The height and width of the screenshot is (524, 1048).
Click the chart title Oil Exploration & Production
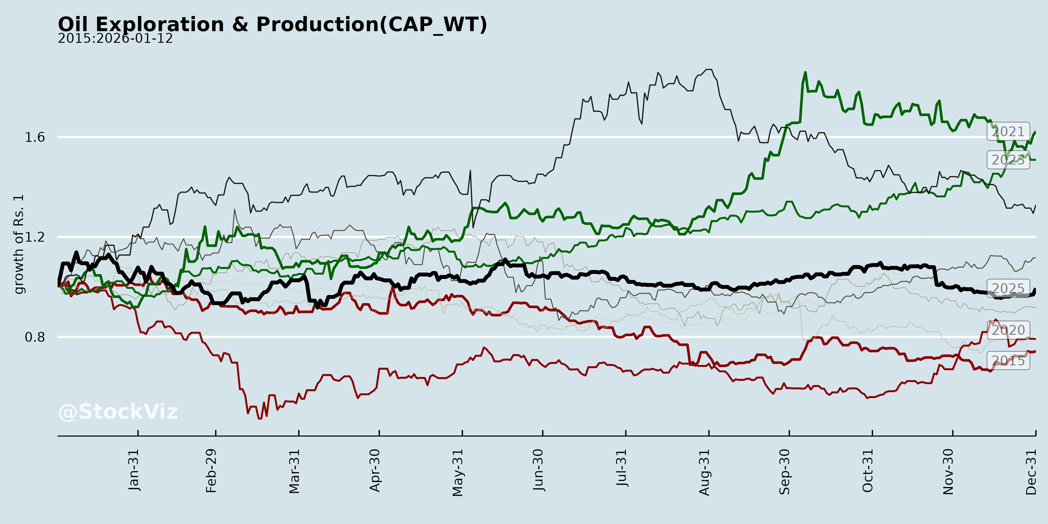(x=272, y=24)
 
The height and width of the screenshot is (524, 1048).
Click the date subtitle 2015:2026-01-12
(x=115, y=39)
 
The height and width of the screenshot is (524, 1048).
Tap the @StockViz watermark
(x=118, y=412)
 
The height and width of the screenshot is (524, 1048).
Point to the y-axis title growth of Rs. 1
(x=19, y=244)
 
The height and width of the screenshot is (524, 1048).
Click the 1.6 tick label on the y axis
(x=35, y=137)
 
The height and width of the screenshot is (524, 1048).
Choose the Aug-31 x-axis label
(x=704, y=472)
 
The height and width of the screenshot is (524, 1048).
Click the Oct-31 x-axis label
(x=868, y=471)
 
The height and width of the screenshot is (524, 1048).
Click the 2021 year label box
(x=1008, y=131)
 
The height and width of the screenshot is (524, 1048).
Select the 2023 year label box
(x=1008, y=160)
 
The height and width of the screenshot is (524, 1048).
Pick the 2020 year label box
(x=1008, y=330)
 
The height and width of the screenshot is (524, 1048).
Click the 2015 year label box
(x=1008, y=360)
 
